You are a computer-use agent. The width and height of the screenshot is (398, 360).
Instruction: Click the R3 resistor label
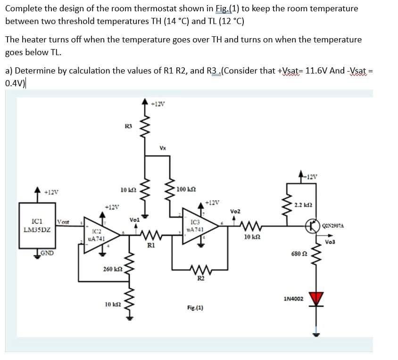point(127,126)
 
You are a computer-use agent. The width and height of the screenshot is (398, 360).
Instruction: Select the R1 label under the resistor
point(150,245)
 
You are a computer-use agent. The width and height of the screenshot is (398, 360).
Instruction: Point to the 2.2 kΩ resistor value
point(302,205)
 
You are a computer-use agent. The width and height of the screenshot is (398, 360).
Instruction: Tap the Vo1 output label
point(134,220)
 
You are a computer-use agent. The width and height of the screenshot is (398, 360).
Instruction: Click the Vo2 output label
point(236,212)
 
